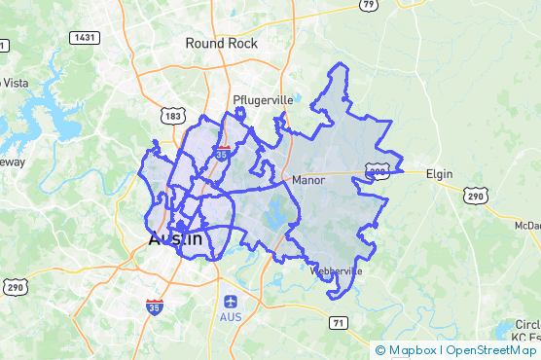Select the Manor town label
(x=307, y=180)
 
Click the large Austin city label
(x=175, y=239)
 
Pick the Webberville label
(x=336, y=271)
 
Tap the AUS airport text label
(x=231, y=317)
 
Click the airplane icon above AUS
(x=231, y=301)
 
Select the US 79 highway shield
(x=368, y=5)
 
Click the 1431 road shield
(x=84, y=37)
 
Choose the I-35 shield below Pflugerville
(x=224, y=153)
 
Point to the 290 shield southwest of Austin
(x=14, y=286)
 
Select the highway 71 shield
(x=338, y=322)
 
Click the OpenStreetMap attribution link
(x=490, y=350)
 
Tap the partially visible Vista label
(x=14, y=83)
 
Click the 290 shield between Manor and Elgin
(x=379, y=170)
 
